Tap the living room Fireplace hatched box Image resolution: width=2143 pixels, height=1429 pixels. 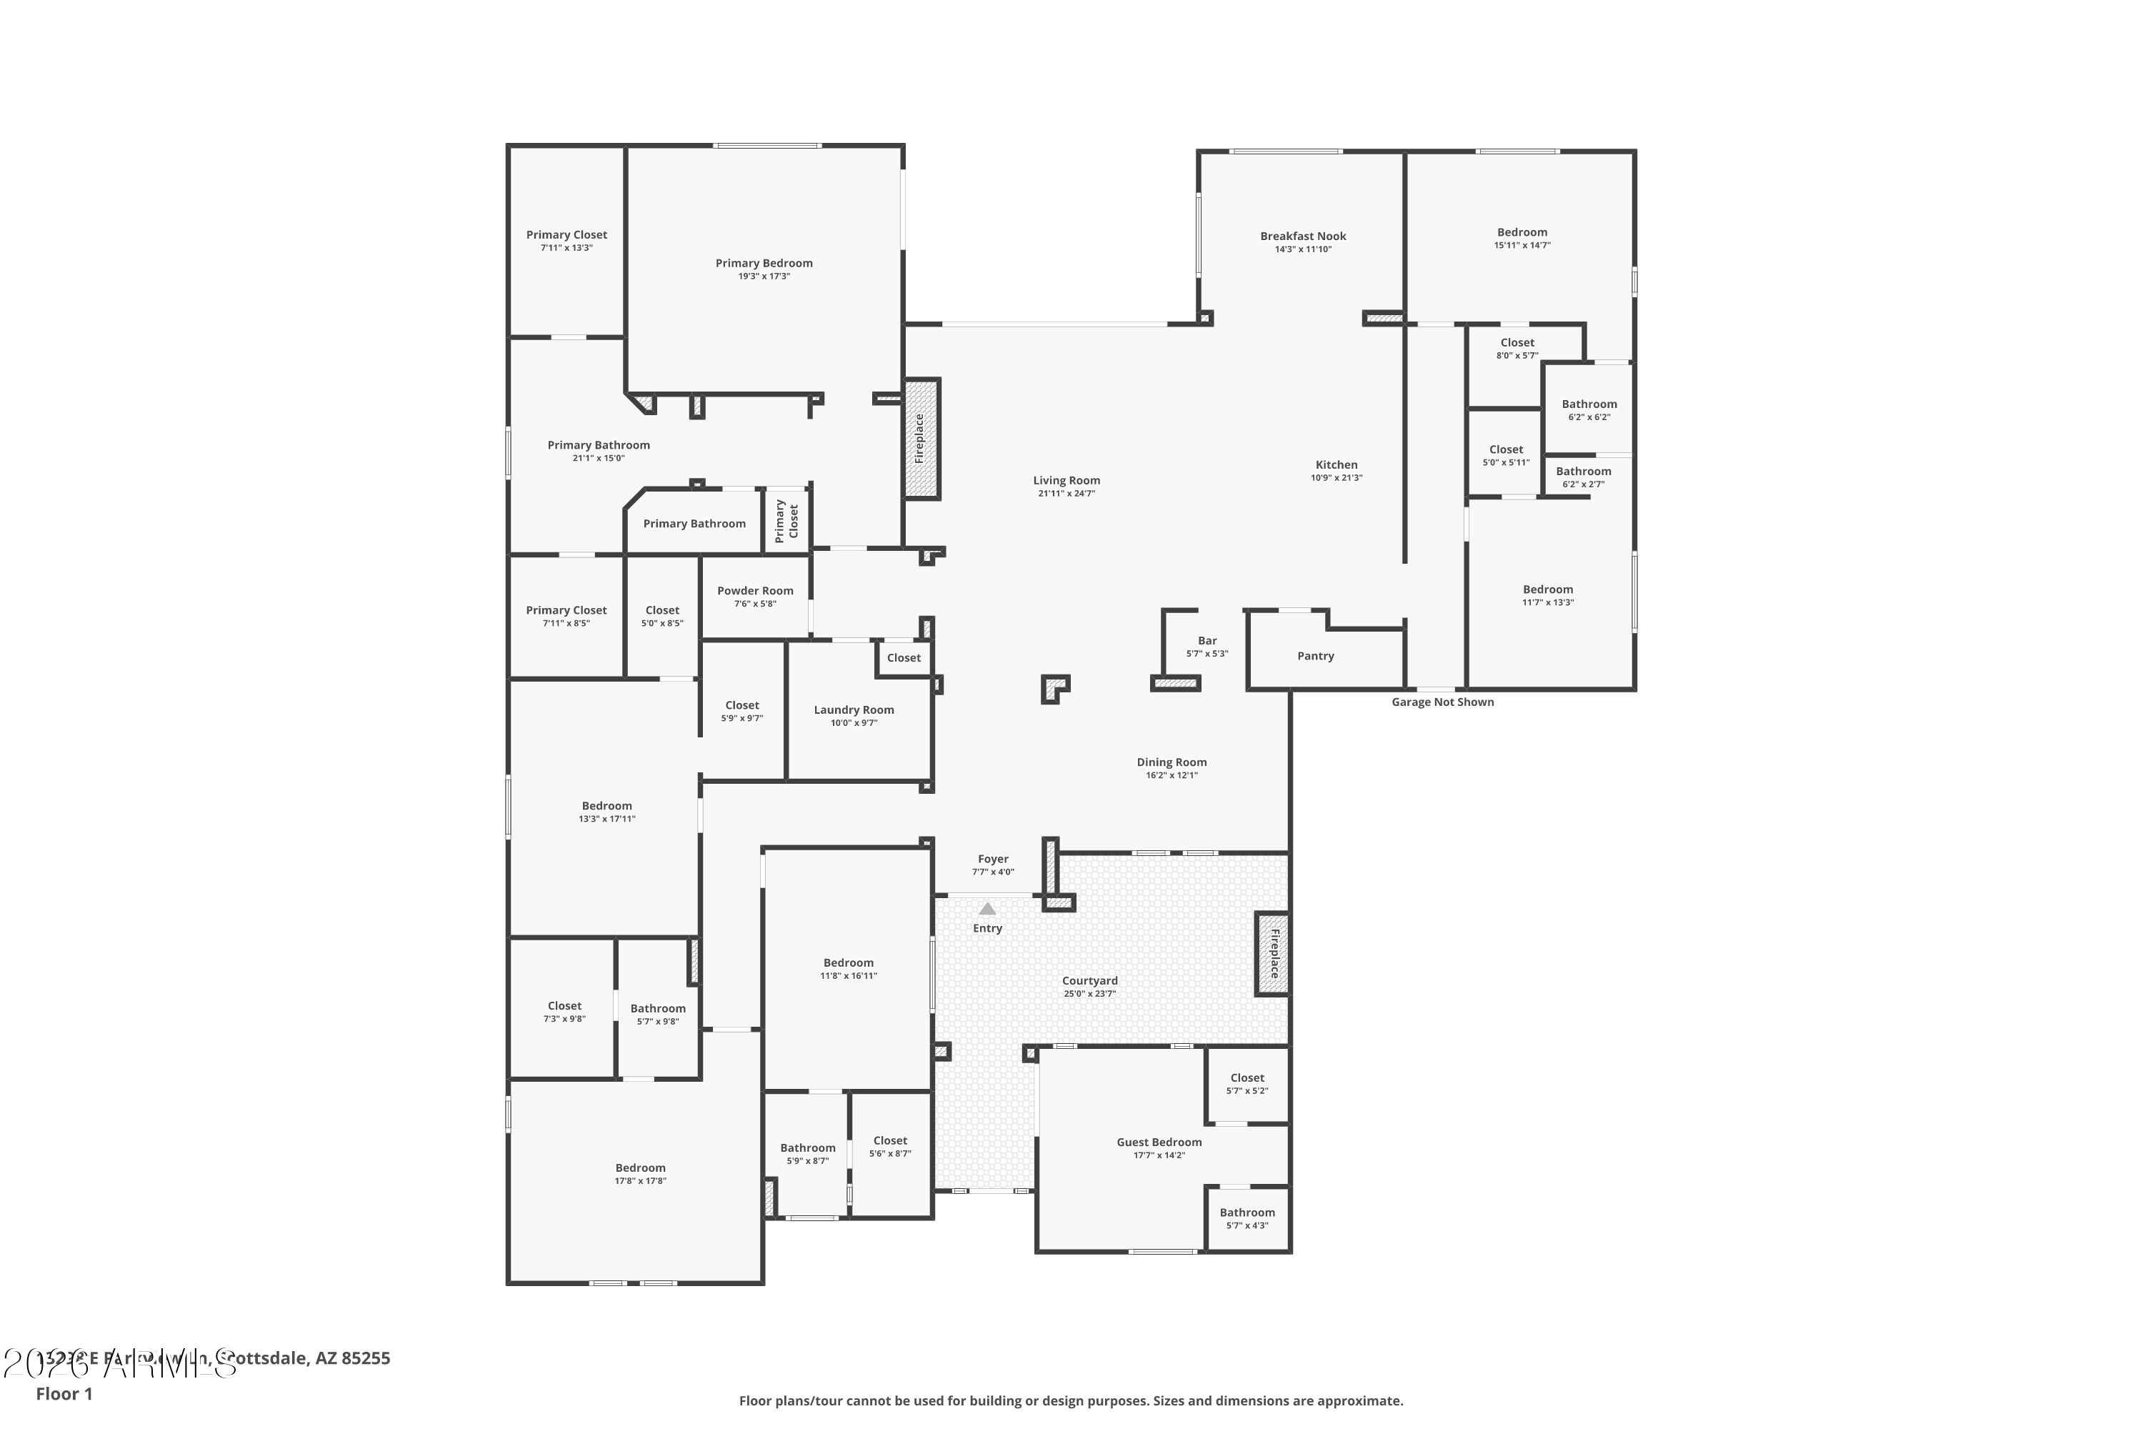coord(921,439)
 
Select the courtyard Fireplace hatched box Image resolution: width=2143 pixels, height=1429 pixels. coord(1273,953)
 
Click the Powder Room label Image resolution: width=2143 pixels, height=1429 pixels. coord(754,591)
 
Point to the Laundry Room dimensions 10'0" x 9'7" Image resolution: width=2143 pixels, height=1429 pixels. coord(853,722)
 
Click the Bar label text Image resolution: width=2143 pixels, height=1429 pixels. coord(1207,641)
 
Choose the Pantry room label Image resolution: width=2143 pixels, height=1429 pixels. coord(1315,656)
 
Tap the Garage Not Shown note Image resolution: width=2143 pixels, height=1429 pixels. coord(1442,702)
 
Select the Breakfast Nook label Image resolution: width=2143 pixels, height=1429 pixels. coord(1302,236)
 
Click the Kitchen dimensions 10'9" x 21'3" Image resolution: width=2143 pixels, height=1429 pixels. coord(1336,477)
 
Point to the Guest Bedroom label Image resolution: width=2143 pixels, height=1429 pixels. coord(1158,1142)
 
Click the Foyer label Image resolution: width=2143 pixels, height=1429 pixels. coord(992,859)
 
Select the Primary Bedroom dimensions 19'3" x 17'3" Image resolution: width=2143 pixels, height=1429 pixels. coord(764,276)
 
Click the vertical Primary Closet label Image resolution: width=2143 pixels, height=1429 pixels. coord(786,520)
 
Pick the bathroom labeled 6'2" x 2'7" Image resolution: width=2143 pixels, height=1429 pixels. coord(1583,477)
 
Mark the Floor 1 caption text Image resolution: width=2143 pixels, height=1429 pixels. coord(64,1393)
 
